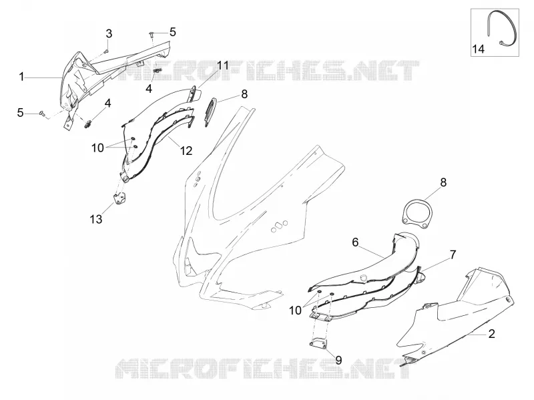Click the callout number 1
(22, 77)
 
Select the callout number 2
(491, 334)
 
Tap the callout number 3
(109, 34)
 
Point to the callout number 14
(478, 49)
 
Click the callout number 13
(96, 219)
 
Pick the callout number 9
(338, 360)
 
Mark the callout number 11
(224, 65)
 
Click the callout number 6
(355, 242)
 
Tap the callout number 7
(453, 254)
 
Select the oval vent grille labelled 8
(211, 112)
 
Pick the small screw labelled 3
(106, 51)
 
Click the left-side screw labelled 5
(42, 114)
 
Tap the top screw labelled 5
(152, 34)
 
